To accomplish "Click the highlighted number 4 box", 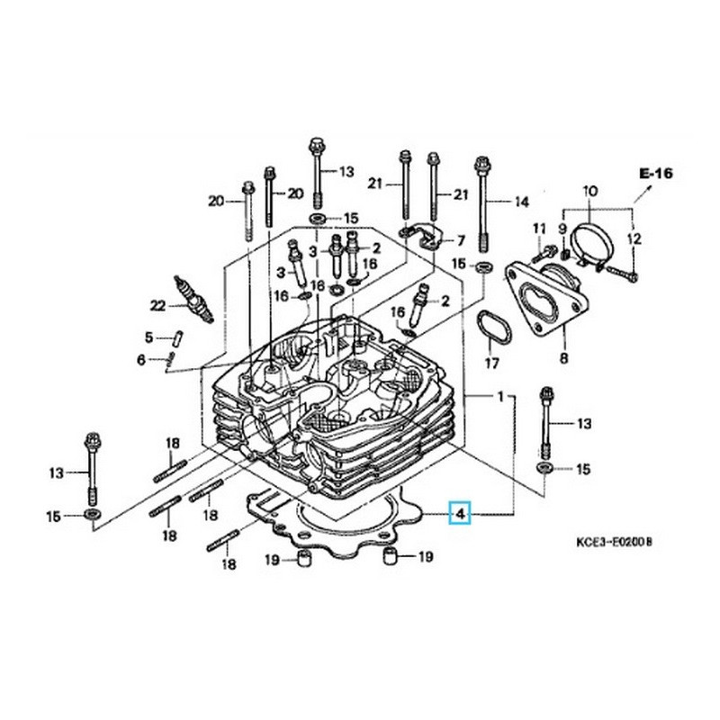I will pyautogui.click(x=460, y=514).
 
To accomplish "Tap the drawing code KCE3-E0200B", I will pyautogui.click(x=614, y=543).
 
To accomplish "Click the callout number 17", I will pyautogui.click(x=490, y=364).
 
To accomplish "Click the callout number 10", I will pyautogui.click(x=590, y=192).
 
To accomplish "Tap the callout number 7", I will pyautogui.click(x=460, y=240).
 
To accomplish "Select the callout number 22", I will pyautogui.click(x=158, y=306).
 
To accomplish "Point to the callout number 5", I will pyautogui.click(x=149, y=337).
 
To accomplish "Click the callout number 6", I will pyautogui.click(x=141, y=360).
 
